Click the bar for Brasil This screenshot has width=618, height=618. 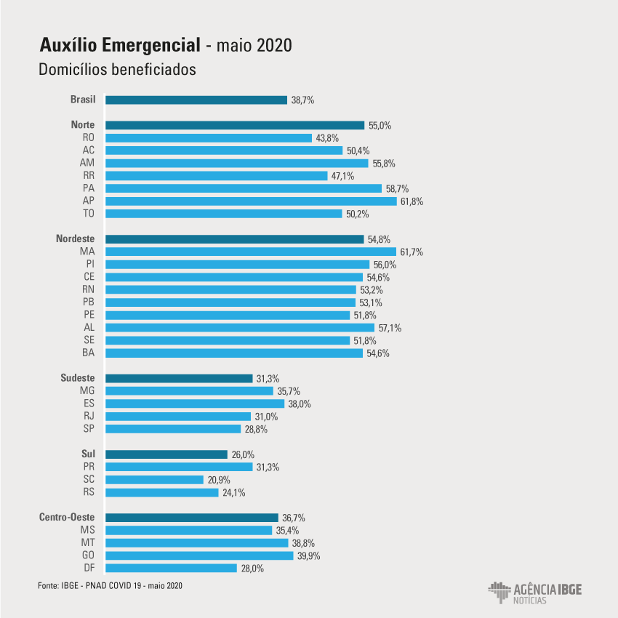[196, 100]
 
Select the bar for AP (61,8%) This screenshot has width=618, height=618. [251, 201]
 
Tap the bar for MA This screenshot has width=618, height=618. [251, 252]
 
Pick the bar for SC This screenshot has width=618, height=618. [154, 479]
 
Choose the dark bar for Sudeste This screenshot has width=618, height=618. [179, 378]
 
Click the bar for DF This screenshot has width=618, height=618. [171, 568]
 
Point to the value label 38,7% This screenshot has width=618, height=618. [302, 100]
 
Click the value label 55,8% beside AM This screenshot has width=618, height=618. [383, 163]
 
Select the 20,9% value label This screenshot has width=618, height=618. [218, 479]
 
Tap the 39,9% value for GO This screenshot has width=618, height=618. [308, 555]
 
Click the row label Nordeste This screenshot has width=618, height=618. [75, 238]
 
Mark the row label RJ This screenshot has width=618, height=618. [89, 416]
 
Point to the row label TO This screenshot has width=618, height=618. [89, 214]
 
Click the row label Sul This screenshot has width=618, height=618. [88, 454]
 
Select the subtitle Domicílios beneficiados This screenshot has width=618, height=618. [119, 71]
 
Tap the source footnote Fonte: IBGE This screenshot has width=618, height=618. [109, 585]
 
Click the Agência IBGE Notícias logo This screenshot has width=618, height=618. [534, 592]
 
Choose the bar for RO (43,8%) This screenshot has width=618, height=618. [209, 137]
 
